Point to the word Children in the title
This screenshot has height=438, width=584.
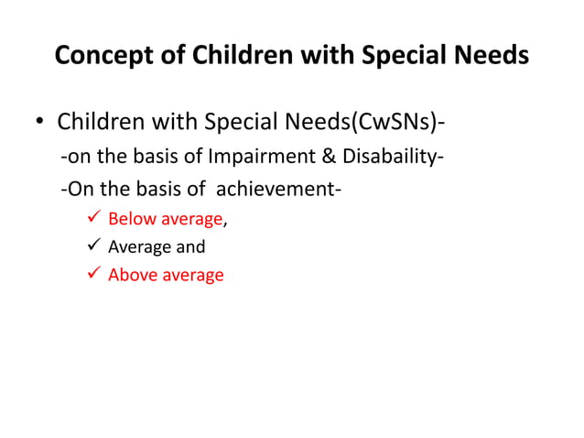232,56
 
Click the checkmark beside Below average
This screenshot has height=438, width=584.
91,219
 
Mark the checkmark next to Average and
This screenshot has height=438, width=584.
91,246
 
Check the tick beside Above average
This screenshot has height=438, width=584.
91,274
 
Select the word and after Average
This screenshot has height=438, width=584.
190,246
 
